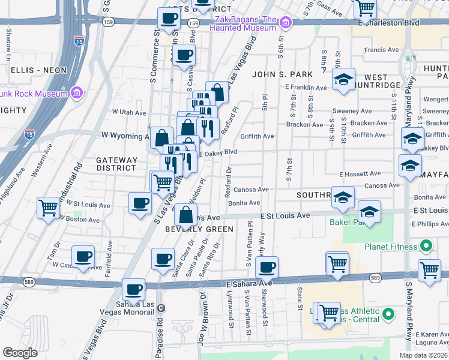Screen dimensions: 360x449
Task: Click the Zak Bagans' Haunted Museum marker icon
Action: click(286, 23)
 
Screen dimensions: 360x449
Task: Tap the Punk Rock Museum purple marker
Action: click(76, 93)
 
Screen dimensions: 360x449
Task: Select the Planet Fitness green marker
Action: click(426, 246)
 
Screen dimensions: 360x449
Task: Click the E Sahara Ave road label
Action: click(250, 282)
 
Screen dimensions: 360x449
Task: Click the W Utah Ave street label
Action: click(130, 112)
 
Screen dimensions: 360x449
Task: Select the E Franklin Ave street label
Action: click(306, 88)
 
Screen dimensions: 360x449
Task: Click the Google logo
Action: click(20, 352)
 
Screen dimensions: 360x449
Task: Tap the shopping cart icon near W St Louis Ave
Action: click(49, 208)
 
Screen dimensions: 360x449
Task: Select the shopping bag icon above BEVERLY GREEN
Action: click(187, 214)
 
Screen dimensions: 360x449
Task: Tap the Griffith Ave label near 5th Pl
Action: click(258, 136)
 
